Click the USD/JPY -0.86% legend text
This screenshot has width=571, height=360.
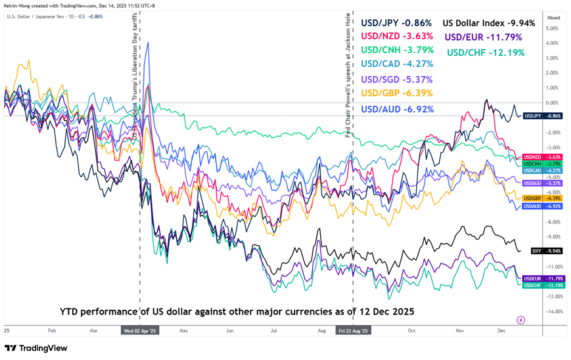[x=396, y=23]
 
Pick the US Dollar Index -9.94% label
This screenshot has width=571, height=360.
[x=488, y=23]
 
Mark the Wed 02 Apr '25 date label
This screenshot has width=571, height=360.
[x=140, y=331]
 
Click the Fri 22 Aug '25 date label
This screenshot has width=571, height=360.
[x=353, y=331]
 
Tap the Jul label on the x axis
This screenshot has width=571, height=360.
[x=274, y=331]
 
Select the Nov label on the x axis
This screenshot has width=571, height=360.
[x=459, y=331]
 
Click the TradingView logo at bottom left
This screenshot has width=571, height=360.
[x=36, y=348]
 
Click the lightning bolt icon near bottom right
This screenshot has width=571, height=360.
[x=520, y=320]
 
